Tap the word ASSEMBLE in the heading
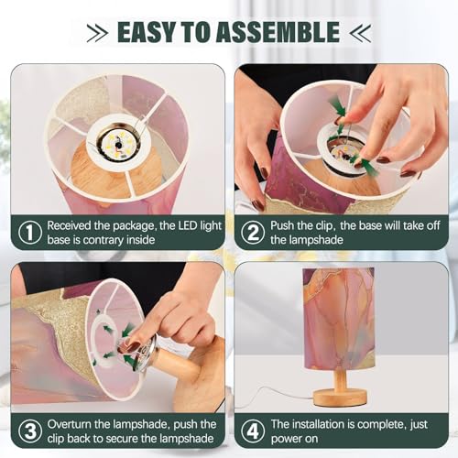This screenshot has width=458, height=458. pos(278,32)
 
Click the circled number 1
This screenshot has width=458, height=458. pos(30,233)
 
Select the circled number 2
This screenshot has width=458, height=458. pos(253,233)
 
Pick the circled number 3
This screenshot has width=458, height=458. pos(30,431)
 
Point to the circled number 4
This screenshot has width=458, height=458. pos(253,431)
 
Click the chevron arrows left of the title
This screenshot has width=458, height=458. pos(97,33)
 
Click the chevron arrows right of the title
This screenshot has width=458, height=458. pos(360,33)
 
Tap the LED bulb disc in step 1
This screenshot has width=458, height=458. pos(117,143)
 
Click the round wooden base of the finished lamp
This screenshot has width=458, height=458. pos(340,398)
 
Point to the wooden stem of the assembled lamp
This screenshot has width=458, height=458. pos(339,378)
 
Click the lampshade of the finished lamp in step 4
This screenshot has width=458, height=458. pos(339,318)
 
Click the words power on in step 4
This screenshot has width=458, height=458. pos(294,439)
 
